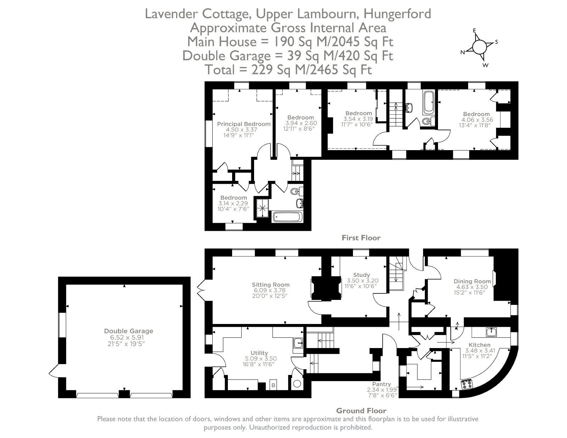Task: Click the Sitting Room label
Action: click(x=271, y=285)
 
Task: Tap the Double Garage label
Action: click(x=129, y=331)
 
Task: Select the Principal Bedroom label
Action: click(x=244, y=124)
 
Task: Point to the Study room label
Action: click(x=361, y=275)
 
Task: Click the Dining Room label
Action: click(x=472, y=281)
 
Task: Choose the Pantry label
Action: click(x=381, y=384)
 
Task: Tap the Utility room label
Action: click(x=259, y=353)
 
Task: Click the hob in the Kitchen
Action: click(x=467, y=384)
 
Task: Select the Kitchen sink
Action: click(x=491, y=332)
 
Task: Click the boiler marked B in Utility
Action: click(x=274, y=385)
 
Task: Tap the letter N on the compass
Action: click(x=462, y=52)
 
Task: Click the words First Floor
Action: click(x=361, y=238)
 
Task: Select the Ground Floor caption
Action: click(x=361, y=411)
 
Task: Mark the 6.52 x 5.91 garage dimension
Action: click(x=127, y=337)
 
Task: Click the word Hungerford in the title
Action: click(x=397, y=14)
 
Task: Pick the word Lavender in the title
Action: click(x=172, y=14)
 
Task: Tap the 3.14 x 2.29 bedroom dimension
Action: click(x=233, y=203)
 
